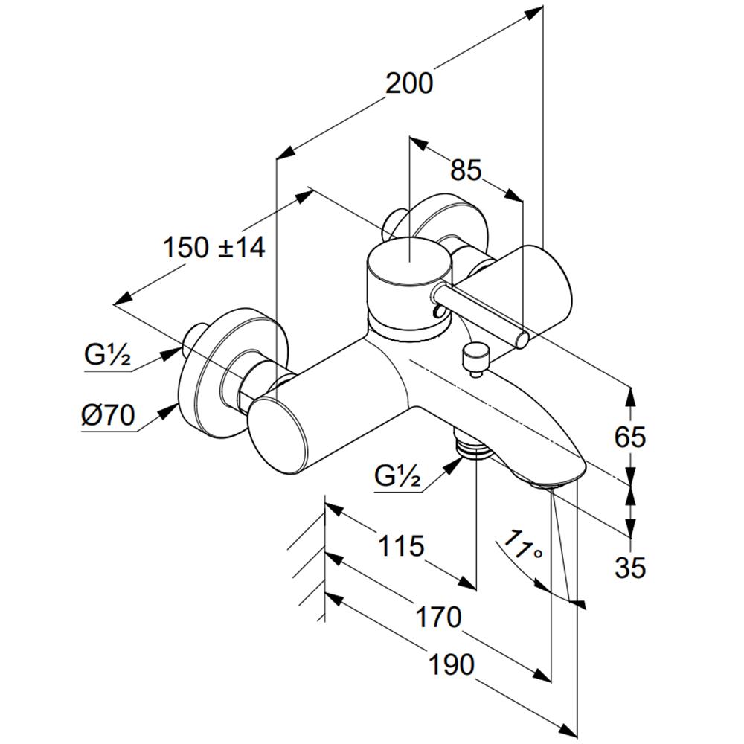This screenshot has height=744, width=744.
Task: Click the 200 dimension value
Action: click(x=409, y=83)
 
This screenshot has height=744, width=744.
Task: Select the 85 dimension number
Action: click(x=466, y=170)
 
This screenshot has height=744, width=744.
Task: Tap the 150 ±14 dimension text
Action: click(x=214, y=247)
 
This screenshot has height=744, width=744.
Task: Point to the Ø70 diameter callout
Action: click(x=108, y=415)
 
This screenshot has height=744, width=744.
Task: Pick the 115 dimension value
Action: click(x=400, y=545)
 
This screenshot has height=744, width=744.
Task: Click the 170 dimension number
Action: click(x=438, y=617)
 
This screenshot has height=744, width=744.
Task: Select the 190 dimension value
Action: click(x=452, y=664)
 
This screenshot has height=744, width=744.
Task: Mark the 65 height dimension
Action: click(x=630, y=437)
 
